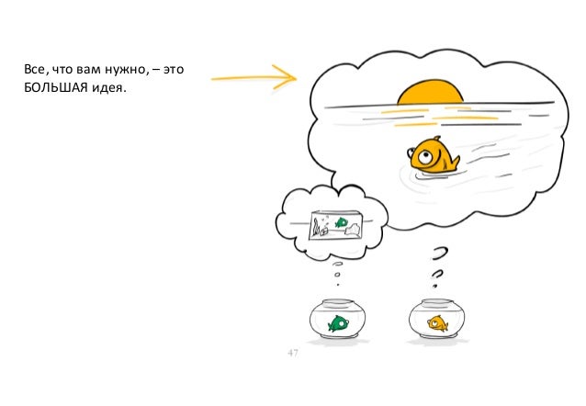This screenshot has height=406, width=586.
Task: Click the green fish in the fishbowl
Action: [x=339, y=322]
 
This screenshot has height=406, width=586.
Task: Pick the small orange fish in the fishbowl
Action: [x=437, y=322]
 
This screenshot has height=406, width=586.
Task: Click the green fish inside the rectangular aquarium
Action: [x=342, y=220]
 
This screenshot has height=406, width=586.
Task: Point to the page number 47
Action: [x=294, y=353]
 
